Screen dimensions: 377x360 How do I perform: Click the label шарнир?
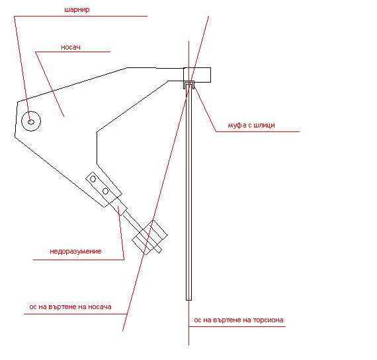click(x=77, y=10)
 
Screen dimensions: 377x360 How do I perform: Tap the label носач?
click(x=71, y=47)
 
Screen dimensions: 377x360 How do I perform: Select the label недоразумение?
click(x=75, y=251)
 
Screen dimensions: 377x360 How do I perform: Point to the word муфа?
click(x=237, y=125)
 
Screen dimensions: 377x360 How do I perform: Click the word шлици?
click(x=265, y=125)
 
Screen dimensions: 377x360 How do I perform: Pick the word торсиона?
click(x=268, y=320)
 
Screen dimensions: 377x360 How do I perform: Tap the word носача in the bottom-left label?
click(x=100, y=307)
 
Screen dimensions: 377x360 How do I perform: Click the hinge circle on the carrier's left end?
click(x=31, y=121)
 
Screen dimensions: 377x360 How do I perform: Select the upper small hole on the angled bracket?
click(x=93, y=179)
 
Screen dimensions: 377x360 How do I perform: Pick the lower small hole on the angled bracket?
click(x=105, y=191)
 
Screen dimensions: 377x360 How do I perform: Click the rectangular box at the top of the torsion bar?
click(x=197, y=75)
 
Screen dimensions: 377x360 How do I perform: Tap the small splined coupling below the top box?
click(x=189, y=85)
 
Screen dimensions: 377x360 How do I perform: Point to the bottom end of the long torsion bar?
click(x=188, y=300)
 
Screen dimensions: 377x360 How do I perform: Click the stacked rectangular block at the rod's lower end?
click(x=149, y=237)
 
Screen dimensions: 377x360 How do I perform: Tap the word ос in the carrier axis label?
click(x=32, y=307)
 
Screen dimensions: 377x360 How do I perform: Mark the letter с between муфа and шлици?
click(x=250, y=126)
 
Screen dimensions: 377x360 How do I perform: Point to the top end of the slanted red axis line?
click(x=209, y=17)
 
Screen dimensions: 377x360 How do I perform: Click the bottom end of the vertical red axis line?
click(x=188, y=345)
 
